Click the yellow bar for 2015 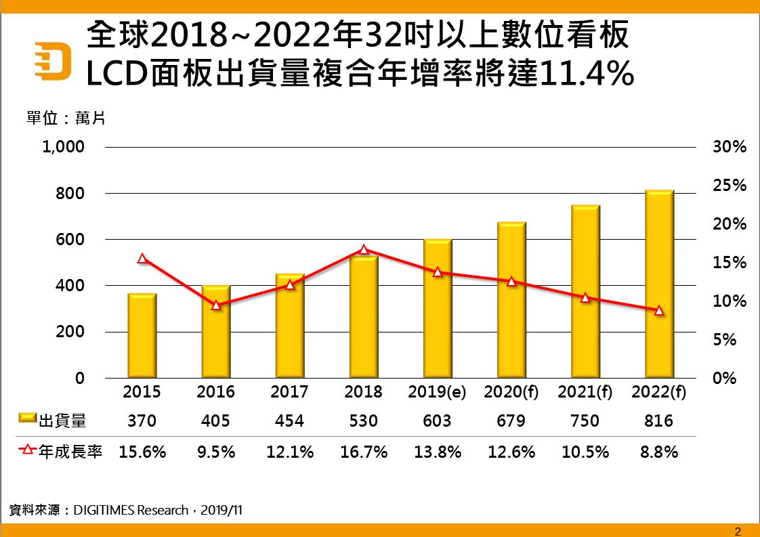point(142,336)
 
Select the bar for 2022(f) point(659,284)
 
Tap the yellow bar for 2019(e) point(438,309)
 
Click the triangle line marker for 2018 point(364,249)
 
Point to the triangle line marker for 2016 point(216,305)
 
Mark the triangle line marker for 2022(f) point(659,310)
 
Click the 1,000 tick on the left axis point(63,147)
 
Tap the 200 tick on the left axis point(70,332)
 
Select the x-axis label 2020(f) point(511,392)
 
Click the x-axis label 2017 point(289,392)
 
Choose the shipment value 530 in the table point(363,421)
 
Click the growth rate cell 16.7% point(363,452)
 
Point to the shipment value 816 point(659,421)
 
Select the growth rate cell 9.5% point(216,452)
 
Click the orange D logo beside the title point(54,60)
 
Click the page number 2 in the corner point(738,530)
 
